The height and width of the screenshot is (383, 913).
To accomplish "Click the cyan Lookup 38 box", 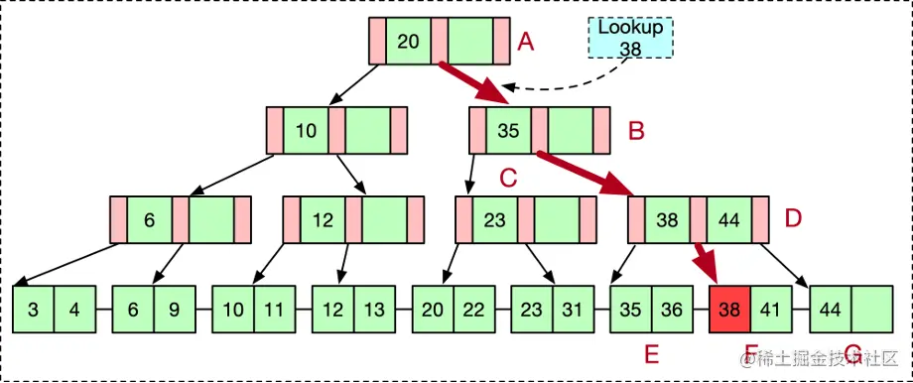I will pyautogui.click(x=629, y=37).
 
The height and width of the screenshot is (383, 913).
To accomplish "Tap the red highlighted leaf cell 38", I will pyautogui.click(x=729, y=309).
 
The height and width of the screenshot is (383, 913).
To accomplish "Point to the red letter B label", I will pyautogui.click(x=637, y=130).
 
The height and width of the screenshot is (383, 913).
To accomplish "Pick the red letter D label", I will pyautogui.click(x=792, y=218).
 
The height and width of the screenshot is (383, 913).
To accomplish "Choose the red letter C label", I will pyautogui.click(x=508, y=179).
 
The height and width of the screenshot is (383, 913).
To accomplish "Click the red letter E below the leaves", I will pyautogui.click(x=651, y=354).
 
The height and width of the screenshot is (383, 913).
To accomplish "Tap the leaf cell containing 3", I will pyautogui.click(x=34, y=309).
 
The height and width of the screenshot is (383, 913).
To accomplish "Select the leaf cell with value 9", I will pyautogui.click(x=175, y=309).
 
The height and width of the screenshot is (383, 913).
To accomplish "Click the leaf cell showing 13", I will pyautogui.click(x=374, y=309).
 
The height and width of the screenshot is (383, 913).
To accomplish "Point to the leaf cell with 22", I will pyautogui.click(x=473, y=309).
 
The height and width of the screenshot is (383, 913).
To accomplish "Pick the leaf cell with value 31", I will pyautogui.click(x=573, y=309).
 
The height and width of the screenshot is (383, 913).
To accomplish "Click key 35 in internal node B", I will pyautogui.click(x=508, y=130).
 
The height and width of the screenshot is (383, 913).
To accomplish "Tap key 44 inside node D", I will pyautogui.click(x=727, y=219).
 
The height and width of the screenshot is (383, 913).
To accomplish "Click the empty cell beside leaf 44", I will pyautogui.click(x=870, y=309).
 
